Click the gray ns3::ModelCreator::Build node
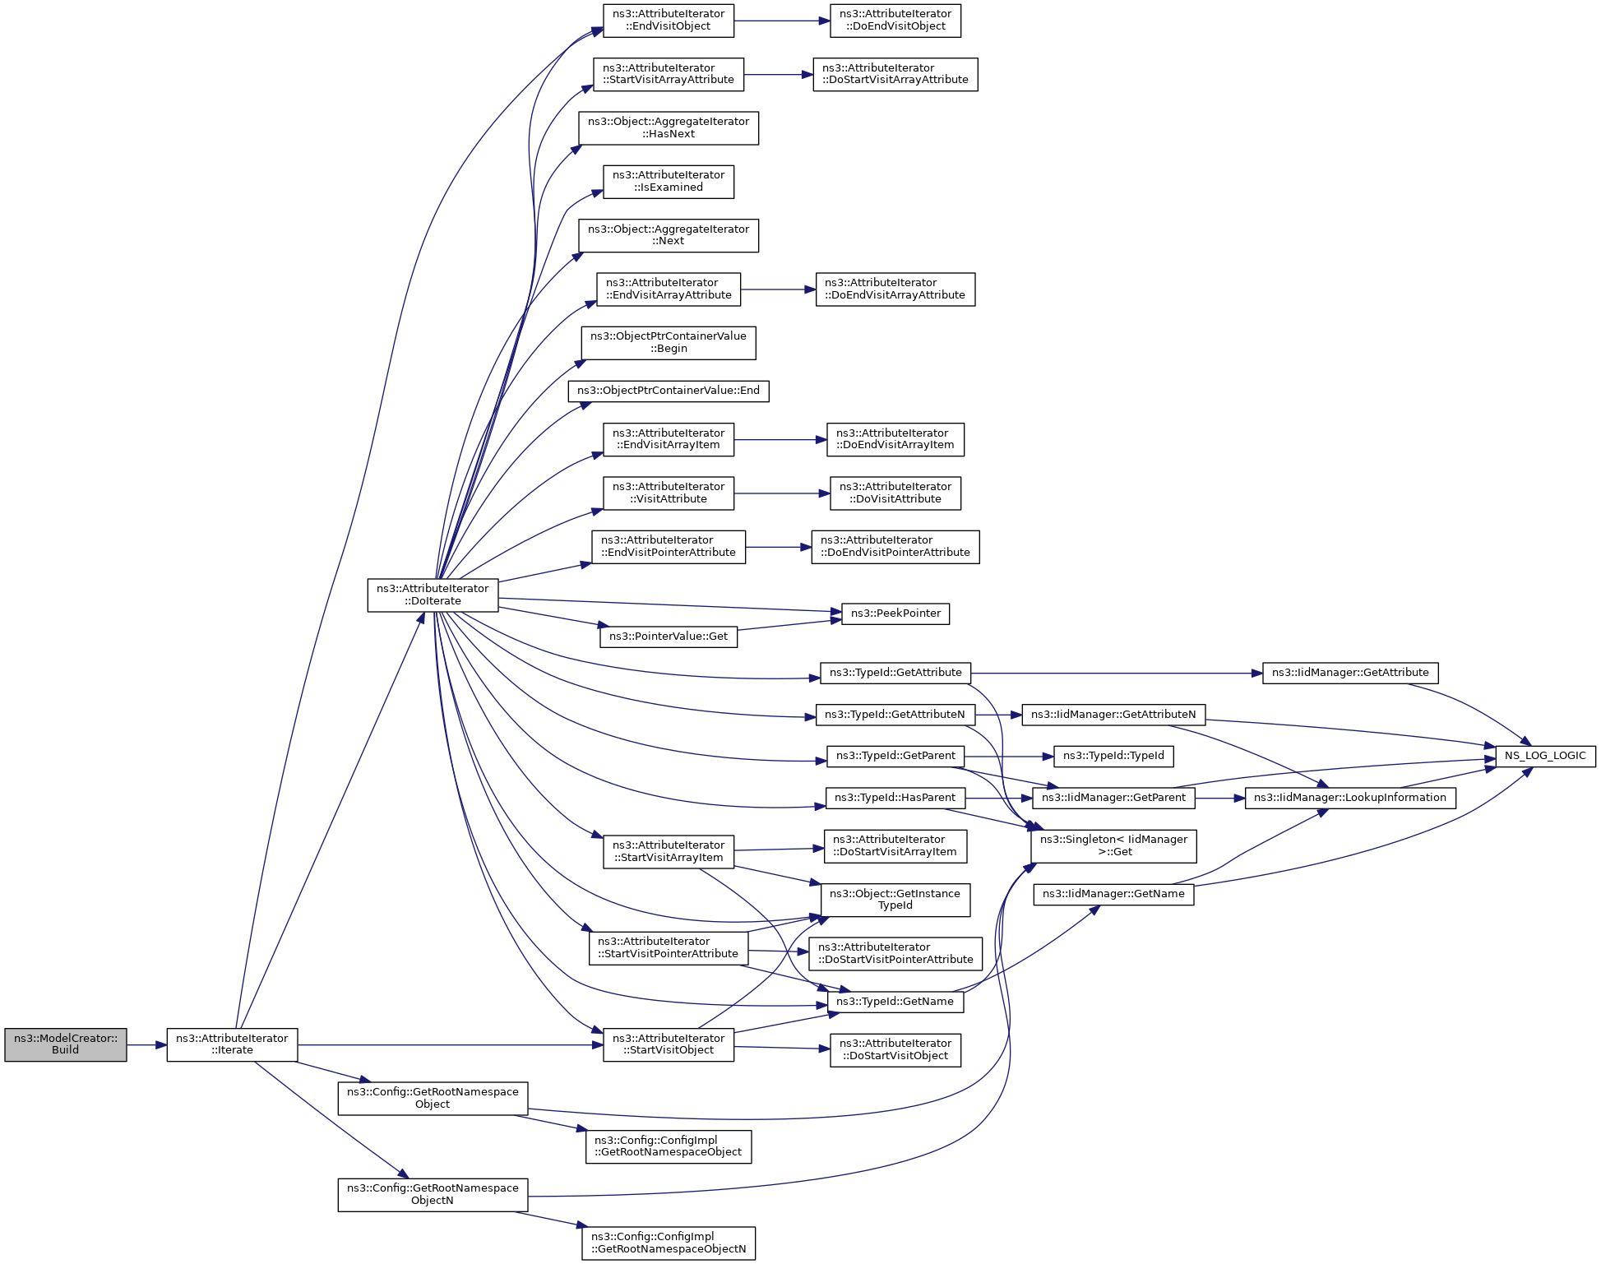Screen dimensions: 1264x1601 tap(66, 1044)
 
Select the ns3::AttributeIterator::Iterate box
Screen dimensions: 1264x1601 tap(232, 1044)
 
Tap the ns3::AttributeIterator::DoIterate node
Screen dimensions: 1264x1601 tap(433, 595)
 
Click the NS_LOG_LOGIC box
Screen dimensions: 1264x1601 tap(1544, 756)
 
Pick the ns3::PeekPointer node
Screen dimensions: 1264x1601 tap(895, 613)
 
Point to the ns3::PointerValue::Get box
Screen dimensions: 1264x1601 tap(668, 637)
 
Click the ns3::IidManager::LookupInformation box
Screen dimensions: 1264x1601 tap(1349, 798)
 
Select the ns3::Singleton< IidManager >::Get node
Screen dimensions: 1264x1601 tap(1113, 845)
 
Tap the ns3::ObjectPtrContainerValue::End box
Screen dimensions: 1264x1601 tap(668, 391)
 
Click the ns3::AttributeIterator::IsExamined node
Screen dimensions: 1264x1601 tap(668, 181)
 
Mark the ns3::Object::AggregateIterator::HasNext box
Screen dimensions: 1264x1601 tap(668, 127)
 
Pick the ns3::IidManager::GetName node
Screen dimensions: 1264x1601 tap(1113, 894)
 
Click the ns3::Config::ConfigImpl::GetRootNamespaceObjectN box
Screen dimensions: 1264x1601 tap(668, 1243)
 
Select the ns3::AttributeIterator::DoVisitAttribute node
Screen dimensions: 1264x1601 tap(895, 493)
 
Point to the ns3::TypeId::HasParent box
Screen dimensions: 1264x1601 tap(895, 798)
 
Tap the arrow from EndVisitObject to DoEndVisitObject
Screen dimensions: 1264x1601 tap(781, 21)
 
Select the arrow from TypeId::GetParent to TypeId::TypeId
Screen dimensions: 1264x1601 tap(1008, 756)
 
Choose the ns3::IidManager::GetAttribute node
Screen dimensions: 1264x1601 tap(1349, 673)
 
